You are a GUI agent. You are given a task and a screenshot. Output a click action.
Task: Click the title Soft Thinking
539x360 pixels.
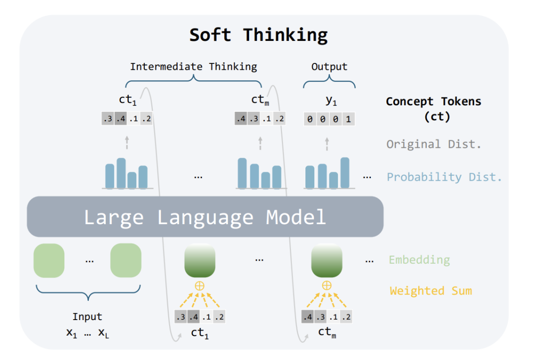[259, 35]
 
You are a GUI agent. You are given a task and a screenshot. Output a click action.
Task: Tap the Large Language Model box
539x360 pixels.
[205, 217]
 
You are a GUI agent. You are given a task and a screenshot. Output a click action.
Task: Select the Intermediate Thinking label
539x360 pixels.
[194, 66]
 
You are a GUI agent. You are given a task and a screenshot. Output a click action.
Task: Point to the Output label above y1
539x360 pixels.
[329, 66]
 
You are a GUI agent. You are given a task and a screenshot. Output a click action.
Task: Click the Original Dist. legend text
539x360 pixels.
[434, 144]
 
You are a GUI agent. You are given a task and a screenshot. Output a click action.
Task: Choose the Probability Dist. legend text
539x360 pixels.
[444, 177]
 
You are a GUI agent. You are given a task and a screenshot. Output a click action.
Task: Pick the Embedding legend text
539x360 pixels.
[419, 260]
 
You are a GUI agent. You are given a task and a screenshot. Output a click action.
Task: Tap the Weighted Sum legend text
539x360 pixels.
[431, 291]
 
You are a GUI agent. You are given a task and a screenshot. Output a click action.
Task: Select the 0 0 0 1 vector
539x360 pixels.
[329, 119]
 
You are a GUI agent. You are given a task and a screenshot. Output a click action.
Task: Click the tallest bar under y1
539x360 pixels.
[345, 172]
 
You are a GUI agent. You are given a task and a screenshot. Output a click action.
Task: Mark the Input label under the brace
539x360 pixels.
[87, 317]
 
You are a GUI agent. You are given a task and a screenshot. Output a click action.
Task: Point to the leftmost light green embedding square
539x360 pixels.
[49, 260]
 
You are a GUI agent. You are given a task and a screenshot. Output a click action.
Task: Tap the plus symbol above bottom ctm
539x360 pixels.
[326, 285]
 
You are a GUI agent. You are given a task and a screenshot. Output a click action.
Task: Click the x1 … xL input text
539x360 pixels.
[87, 332]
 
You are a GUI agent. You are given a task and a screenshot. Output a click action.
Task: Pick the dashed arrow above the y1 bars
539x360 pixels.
[327, 144]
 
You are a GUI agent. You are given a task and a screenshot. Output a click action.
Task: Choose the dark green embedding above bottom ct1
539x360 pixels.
[200, 260]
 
